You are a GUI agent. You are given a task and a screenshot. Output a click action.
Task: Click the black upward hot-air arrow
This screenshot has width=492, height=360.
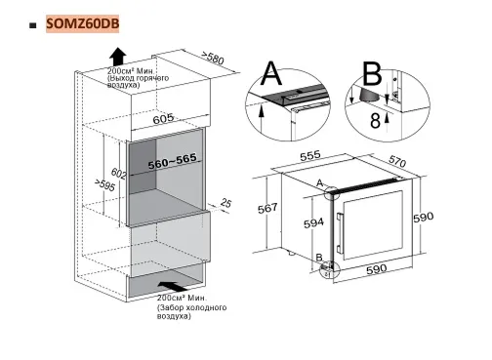(x=117, y=55)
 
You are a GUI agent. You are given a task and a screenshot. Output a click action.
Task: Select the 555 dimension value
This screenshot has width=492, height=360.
(x=311, y=155)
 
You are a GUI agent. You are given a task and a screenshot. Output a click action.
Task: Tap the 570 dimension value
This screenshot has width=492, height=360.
(x=424, y=163)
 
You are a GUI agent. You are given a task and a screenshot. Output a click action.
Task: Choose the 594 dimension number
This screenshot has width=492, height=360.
(x=311, y=223)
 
